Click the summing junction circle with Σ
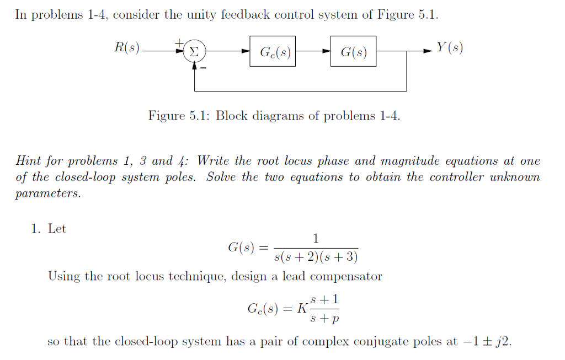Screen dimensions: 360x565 194,51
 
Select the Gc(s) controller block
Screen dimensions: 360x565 272,51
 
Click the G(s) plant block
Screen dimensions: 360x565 353,51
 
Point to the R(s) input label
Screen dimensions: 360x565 127,49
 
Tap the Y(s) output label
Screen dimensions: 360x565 450,49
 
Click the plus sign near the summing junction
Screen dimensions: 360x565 178,42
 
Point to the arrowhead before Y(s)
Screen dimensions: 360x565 428,51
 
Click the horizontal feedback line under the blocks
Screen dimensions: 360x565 301,90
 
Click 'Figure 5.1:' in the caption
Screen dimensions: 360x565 179,116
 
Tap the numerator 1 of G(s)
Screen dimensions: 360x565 316,239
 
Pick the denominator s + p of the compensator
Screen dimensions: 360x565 324,319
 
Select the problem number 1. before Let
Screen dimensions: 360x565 35,229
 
